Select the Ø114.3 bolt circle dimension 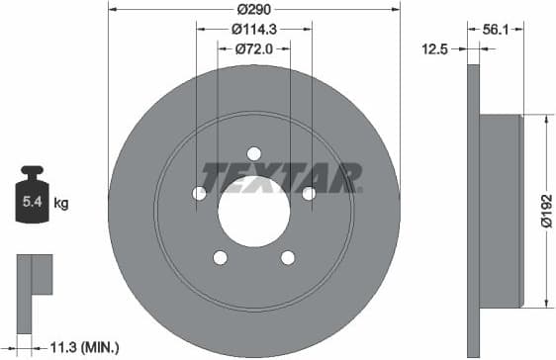[x=254, y=30]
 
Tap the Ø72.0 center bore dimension [x=254, y=47]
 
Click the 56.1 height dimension [x=495, y=30]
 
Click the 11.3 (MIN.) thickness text [x=85, y=346]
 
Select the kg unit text [x=61, y=205]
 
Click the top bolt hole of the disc [x=253, y=153]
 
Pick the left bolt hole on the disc [x=199, y=194]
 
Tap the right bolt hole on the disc [x=308, y=194]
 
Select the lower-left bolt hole [x=220, y=257]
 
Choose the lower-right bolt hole [x=287, y=257]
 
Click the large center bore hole [x=253, y=212]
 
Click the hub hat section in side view [x=501, y=211]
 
